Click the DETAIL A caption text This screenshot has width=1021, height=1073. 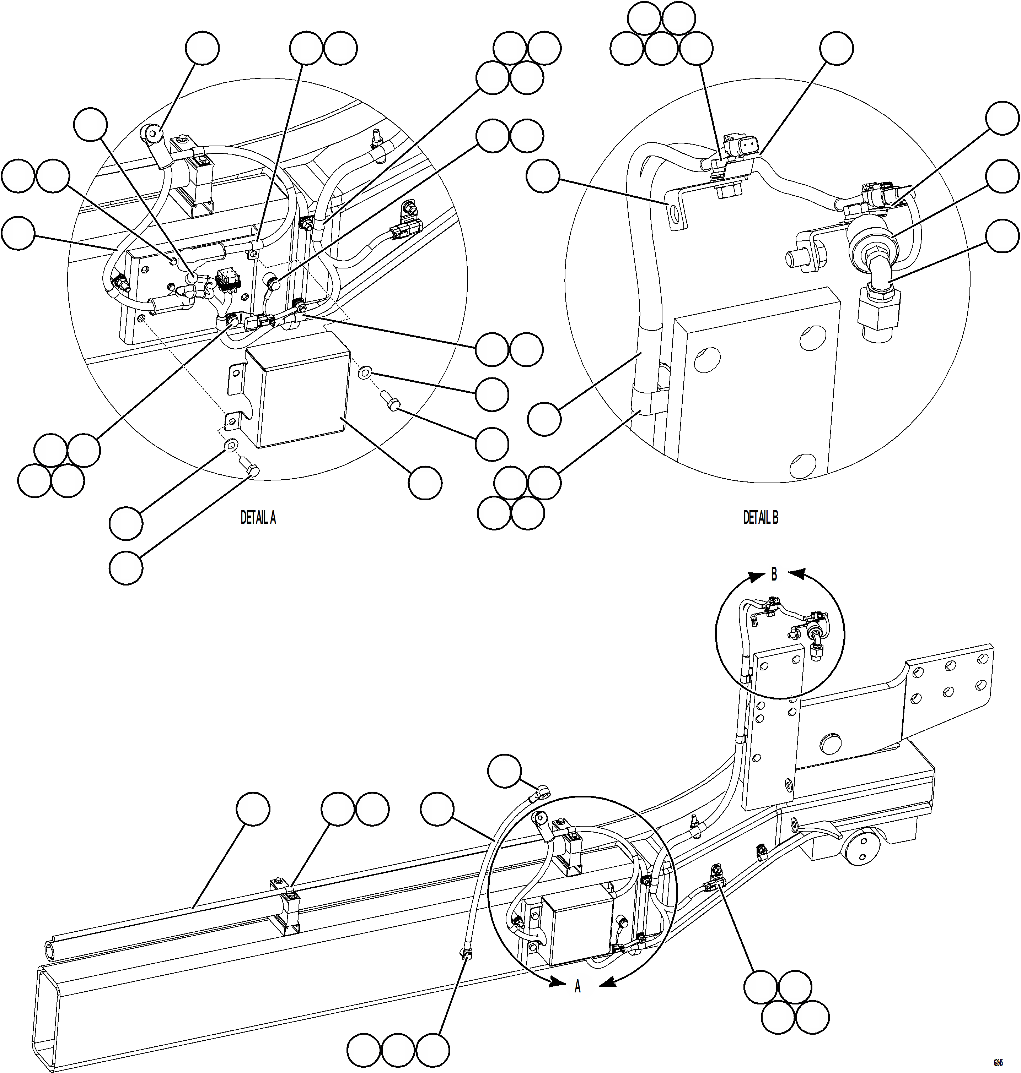[258, 518]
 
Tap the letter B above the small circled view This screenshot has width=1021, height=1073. [774, 574]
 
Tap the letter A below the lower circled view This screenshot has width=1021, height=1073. [577, 986]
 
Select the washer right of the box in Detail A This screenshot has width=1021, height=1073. [365, 372]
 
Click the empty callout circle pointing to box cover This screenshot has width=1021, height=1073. [425, 483]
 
